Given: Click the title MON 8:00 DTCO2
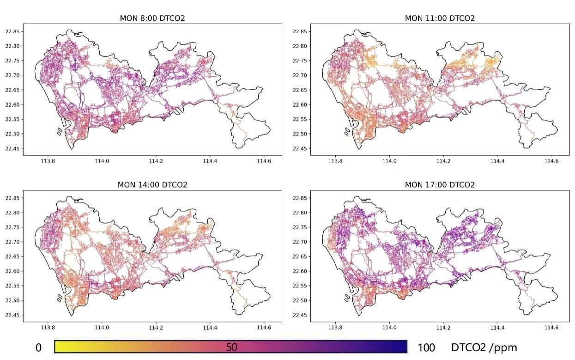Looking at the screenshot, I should pos(152,18).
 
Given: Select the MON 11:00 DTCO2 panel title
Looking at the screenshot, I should pos(440,18).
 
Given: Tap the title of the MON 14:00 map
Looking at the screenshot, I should pos(152,185).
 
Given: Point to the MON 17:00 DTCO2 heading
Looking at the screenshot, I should pos(440,185).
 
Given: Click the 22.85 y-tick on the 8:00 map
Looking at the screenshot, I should pos(12,31).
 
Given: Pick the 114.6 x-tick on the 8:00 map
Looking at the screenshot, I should pos(264,161).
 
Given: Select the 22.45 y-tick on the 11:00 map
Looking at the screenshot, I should pos(300,149).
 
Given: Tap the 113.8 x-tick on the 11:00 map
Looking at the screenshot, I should pos(335,161).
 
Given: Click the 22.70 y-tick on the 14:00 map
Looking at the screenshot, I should pos(12,242).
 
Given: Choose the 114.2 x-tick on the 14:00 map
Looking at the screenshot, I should pos(156,328).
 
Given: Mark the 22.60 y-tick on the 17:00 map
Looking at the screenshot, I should pos(300,271).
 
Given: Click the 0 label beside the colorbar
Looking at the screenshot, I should pos(38,348).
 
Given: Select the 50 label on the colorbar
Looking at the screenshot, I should pos(231,347).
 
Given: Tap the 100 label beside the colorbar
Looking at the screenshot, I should pos(426,348).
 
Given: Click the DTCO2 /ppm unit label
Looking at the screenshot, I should pos(484,348).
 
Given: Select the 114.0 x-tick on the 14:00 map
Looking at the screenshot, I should pos(102,328).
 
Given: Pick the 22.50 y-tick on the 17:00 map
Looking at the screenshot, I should pos(300,300).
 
